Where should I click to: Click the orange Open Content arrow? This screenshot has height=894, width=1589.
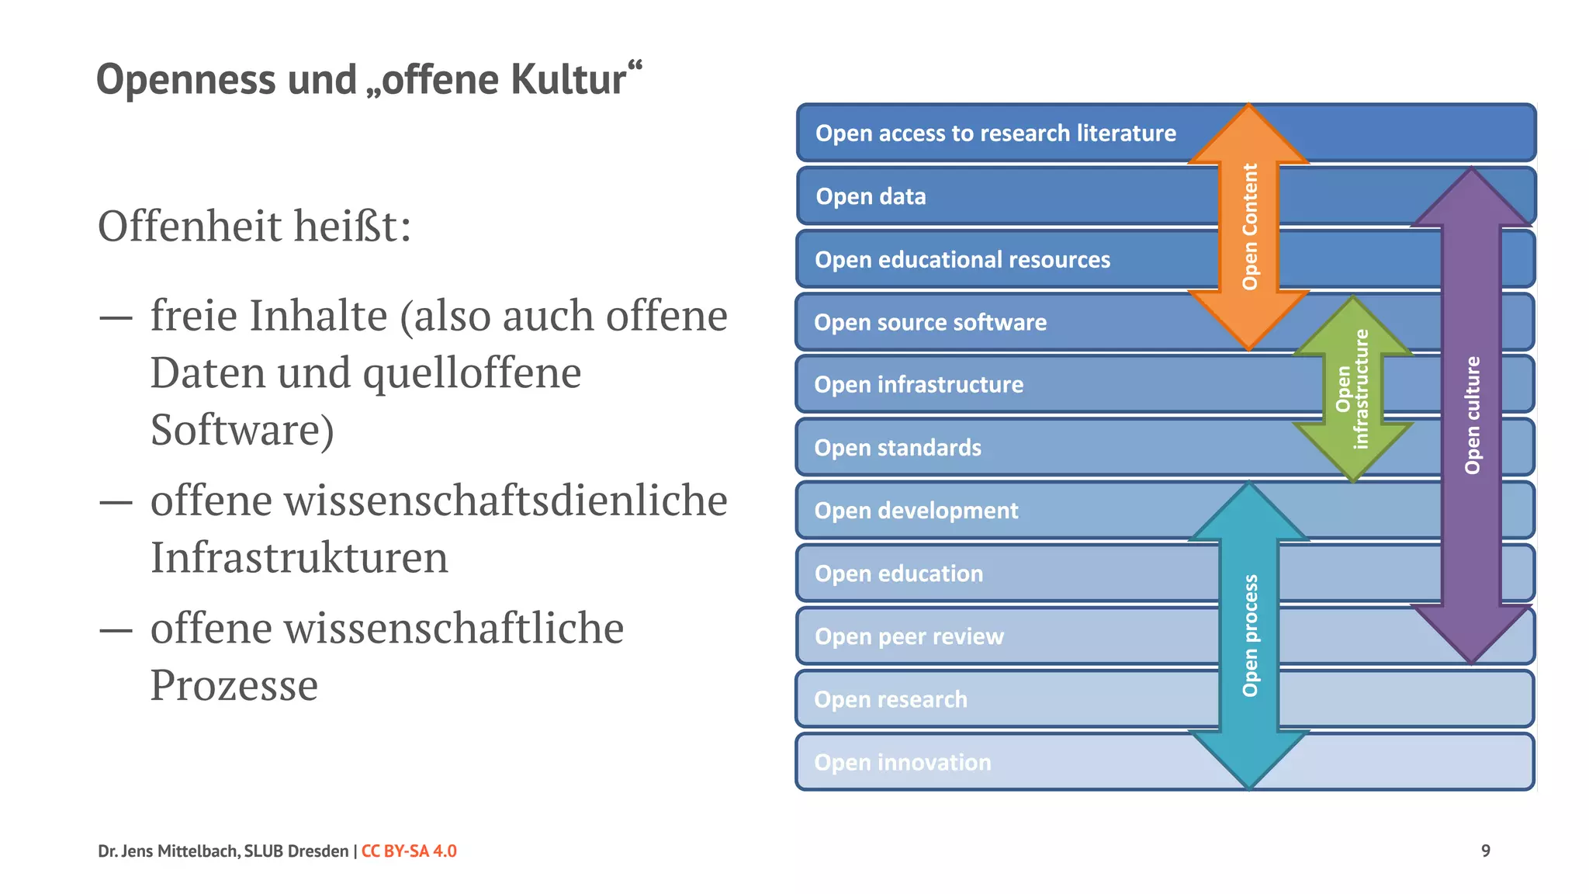[x=1248, y=227]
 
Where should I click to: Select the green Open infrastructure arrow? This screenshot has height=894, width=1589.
[x=1352, y=389]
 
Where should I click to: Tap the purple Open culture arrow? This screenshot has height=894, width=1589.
[x=1471, y=415]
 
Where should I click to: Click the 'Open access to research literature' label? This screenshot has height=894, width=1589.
[x=995, y=133]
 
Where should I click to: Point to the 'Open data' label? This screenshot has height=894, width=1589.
[x=871, y=196]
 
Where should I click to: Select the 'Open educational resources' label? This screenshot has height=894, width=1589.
[x=962, y=259]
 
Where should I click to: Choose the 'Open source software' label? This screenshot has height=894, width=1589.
[x=930, y=322]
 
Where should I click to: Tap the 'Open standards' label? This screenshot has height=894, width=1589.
[x=897, y=448]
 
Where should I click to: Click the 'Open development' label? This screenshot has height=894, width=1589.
[x=916, y=511]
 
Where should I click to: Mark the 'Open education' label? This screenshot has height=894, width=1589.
[x=898, y=573]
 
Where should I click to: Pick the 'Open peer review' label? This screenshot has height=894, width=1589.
[x=909, y=636]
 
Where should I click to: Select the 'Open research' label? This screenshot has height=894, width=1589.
[x=891, y=699]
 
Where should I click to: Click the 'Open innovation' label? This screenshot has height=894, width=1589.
[x=902, y=762]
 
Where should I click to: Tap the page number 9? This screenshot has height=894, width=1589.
[x=1485, y=851]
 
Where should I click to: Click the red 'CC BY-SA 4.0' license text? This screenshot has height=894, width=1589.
[x=409, y=851]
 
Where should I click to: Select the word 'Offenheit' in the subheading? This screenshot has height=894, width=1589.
[x=189, y=226]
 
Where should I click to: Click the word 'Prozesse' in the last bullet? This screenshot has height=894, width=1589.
[x=234, y=684]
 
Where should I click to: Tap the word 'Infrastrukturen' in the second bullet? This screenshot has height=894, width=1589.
[x=299, y=557]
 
